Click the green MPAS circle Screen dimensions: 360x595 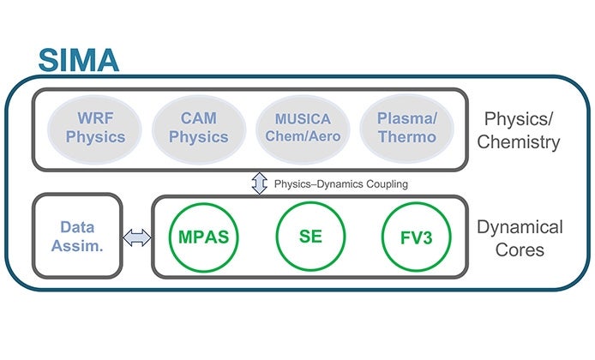(x=203, y=236)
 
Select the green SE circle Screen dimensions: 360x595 (x=310, y=236)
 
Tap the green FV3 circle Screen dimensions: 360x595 (x=418, y=236)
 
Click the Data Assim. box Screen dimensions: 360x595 (x=77, y=236)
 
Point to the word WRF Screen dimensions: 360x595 (x=94, y=119)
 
